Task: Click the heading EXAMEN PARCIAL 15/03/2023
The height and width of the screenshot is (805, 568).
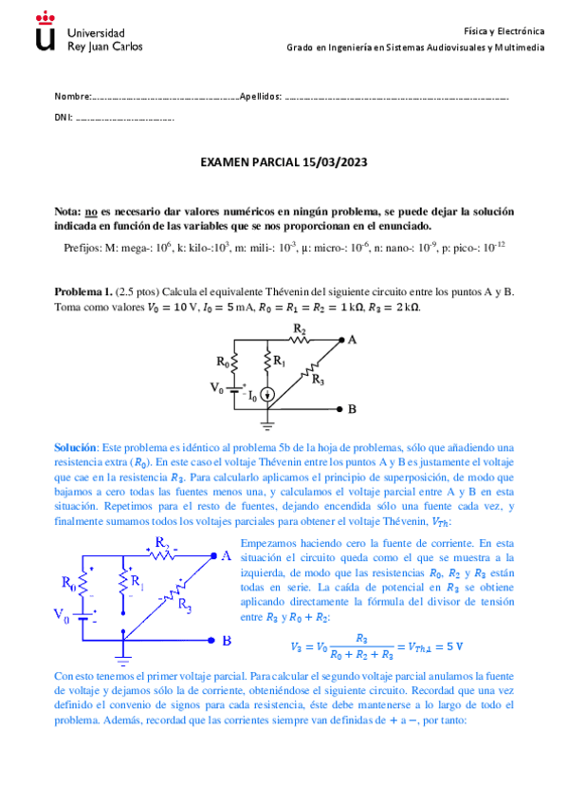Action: pyautogui.click(x=284, y=163)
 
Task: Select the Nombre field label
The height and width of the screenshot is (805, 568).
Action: pyautogui.click(x=72, y=97)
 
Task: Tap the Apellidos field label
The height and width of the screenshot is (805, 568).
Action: pyautogui.click(x=261, y=97)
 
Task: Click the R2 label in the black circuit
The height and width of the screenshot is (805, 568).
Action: pyautogui.click(x=300, y=329)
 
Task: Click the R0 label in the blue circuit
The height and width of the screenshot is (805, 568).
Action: pyautogui.click(x=68, y=582)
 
